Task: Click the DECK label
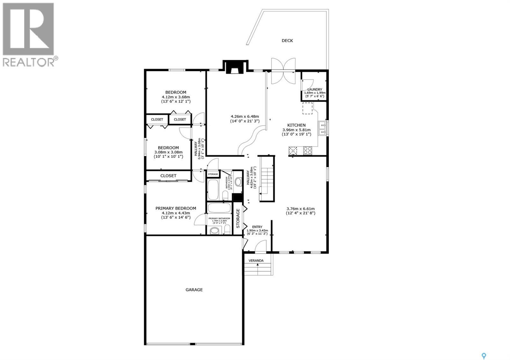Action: point(287,40)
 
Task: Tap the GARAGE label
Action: point(194,290)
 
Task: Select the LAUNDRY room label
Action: point(314,90)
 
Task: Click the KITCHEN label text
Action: point(296,125)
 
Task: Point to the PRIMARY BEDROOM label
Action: point(176,208)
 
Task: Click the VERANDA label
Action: point(256,261)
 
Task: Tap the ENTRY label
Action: point(257,227)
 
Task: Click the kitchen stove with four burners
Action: point(308,150)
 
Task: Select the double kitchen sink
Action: point(323,128)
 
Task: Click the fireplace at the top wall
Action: point(235,68)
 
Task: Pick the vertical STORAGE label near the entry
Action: point(238,218)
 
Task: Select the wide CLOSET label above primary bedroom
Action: point(168,176)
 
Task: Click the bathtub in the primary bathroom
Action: point(219,208)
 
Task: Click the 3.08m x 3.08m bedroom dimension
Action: point(168,152)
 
